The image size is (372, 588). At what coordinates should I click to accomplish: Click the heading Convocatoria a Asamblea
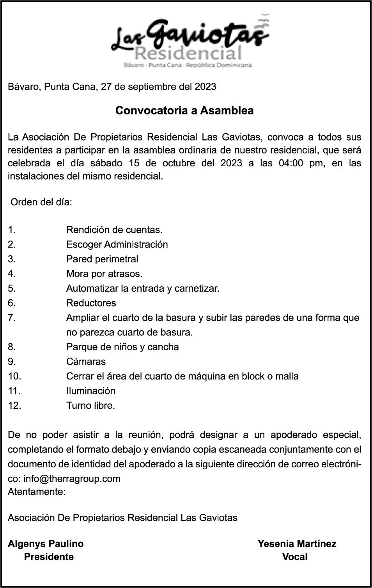[x=184, y=110]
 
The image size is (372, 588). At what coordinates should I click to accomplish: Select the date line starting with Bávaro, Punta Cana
[x=112, y=86]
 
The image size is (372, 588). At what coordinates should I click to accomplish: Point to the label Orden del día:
[x=41, y=203]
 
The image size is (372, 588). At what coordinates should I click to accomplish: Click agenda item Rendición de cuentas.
[x=114, y=230]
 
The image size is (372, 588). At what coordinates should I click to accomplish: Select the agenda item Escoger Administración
[x=117, y=244]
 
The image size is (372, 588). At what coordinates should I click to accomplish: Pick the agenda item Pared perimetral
[x=102, y=259]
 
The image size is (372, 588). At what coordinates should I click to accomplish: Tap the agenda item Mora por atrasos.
[x=104, y=274]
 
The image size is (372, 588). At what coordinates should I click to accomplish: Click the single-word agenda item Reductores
[x=91, y=303]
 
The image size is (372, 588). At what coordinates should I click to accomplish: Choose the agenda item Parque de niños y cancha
[x=122, y=347]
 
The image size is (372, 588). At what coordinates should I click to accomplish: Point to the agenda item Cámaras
[x=86, y=362]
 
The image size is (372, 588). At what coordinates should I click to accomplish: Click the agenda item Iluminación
[x=91, y=391]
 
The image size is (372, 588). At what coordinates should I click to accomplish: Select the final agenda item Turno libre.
[x=90, y=405]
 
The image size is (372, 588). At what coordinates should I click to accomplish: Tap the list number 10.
[x=14, y=376]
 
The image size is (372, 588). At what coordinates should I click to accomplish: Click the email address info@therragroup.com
[x=72, y=479]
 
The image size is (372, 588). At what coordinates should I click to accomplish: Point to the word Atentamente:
[x=37, y=492]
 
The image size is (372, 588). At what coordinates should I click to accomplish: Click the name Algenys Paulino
[x=46, y=543]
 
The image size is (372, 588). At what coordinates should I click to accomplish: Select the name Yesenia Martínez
[x=297, y=543]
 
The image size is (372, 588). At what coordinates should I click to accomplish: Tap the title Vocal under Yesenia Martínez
[x=295, y=557]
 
